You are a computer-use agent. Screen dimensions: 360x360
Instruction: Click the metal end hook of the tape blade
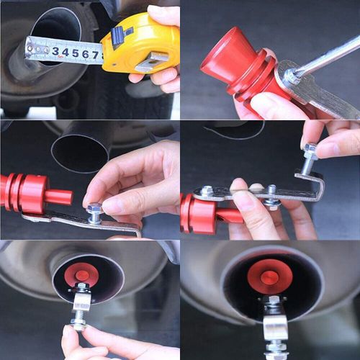[x=29, y=48]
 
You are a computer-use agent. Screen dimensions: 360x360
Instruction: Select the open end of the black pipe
[x=79, y=152]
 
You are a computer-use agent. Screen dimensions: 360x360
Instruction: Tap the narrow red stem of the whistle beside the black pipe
[x=58, y=197]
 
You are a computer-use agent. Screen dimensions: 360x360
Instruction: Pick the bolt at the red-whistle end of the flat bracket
[x=207, y=192]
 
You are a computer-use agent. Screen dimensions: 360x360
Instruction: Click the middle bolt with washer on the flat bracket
[x=271, y=197]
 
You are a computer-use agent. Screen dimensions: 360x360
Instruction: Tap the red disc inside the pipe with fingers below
[x=81, y=275]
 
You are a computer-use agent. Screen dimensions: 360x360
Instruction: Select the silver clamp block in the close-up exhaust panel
[x=274, y=328]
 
